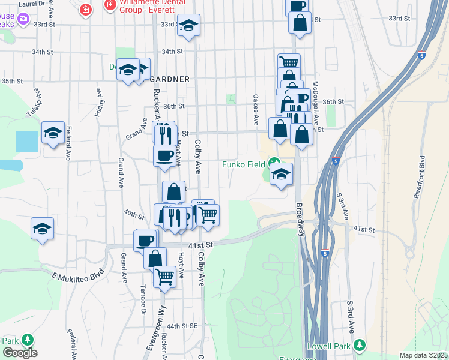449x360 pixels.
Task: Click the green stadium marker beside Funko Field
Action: pos(274,162)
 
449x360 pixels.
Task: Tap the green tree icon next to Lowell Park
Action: pos(360,345)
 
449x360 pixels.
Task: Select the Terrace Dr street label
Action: pos(143,299)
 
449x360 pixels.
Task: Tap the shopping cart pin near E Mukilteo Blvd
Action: pos(164,277)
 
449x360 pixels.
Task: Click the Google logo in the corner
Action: pos(20,353)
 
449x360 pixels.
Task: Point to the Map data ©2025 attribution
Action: pos(423,355)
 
